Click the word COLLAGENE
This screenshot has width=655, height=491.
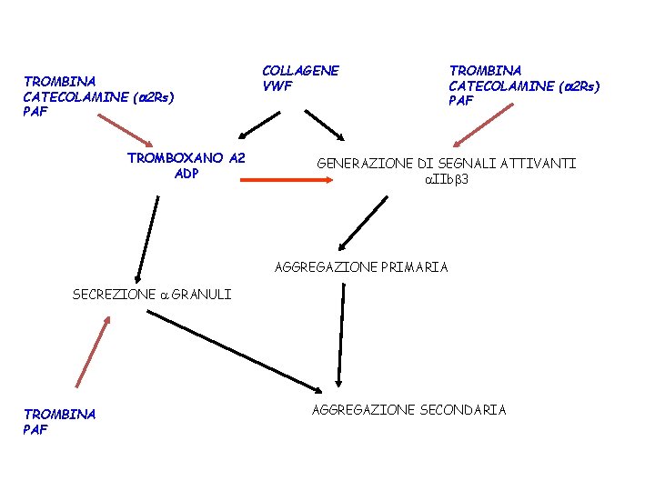(300, 71)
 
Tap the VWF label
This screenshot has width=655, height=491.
(277, 86)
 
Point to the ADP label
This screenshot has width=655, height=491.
(186, 174)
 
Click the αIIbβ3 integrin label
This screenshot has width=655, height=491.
(446, 179)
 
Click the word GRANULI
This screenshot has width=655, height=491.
(201, 294)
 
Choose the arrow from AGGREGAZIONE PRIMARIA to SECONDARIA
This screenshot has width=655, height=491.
(341, 332)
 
